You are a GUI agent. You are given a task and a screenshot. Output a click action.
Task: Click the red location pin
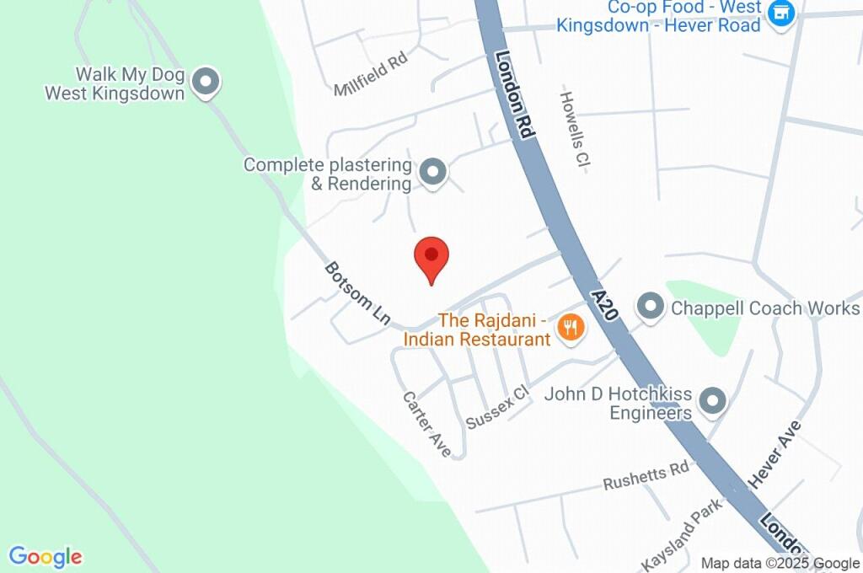431,257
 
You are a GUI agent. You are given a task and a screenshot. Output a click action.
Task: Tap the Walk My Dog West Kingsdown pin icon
205,83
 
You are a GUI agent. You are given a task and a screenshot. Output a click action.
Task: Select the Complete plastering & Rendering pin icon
433,172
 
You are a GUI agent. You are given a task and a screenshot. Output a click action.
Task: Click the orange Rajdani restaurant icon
571,328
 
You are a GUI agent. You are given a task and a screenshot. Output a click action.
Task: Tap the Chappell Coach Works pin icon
650,308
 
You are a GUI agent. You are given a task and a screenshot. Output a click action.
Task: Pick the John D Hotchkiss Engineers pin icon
713,402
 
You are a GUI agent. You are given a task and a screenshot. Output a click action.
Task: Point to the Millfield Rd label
370,74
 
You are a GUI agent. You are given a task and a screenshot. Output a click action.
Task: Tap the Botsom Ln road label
357,293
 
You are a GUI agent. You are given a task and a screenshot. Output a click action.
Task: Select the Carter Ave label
426,424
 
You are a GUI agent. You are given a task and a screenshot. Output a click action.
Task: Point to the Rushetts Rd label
646,477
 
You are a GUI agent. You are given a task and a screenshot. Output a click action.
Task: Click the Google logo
46,557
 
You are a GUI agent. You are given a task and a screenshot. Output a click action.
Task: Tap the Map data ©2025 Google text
780,564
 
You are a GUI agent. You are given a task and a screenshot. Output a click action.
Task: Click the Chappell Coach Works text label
765,308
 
